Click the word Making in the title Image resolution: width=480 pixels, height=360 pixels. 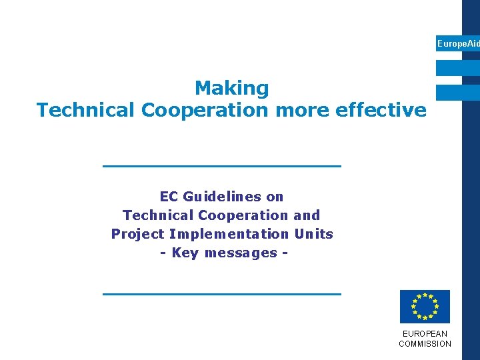(231, 88)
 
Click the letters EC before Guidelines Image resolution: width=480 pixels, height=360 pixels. (169, 197)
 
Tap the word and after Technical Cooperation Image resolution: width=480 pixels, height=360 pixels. (307, 215)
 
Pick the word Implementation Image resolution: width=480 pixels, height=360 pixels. (229, 234)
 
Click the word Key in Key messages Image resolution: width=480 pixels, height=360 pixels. (185, 253)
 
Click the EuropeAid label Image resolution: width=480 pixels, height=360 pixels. (457, 43)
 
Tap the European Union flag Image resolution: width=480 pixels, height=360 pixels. (425, 307)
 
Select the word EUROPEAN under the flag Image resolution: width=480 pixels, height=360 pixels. (425, 333)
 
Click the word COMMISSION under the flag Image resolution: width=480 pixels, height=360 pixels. (425, 344)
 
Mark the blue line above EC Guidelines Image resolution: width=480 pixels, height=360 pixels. (221, 165)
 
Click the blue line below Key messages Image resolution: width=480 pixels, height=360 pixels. (221, 293)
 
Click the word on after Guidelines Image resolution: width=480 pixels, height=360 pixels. (275, 197)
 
